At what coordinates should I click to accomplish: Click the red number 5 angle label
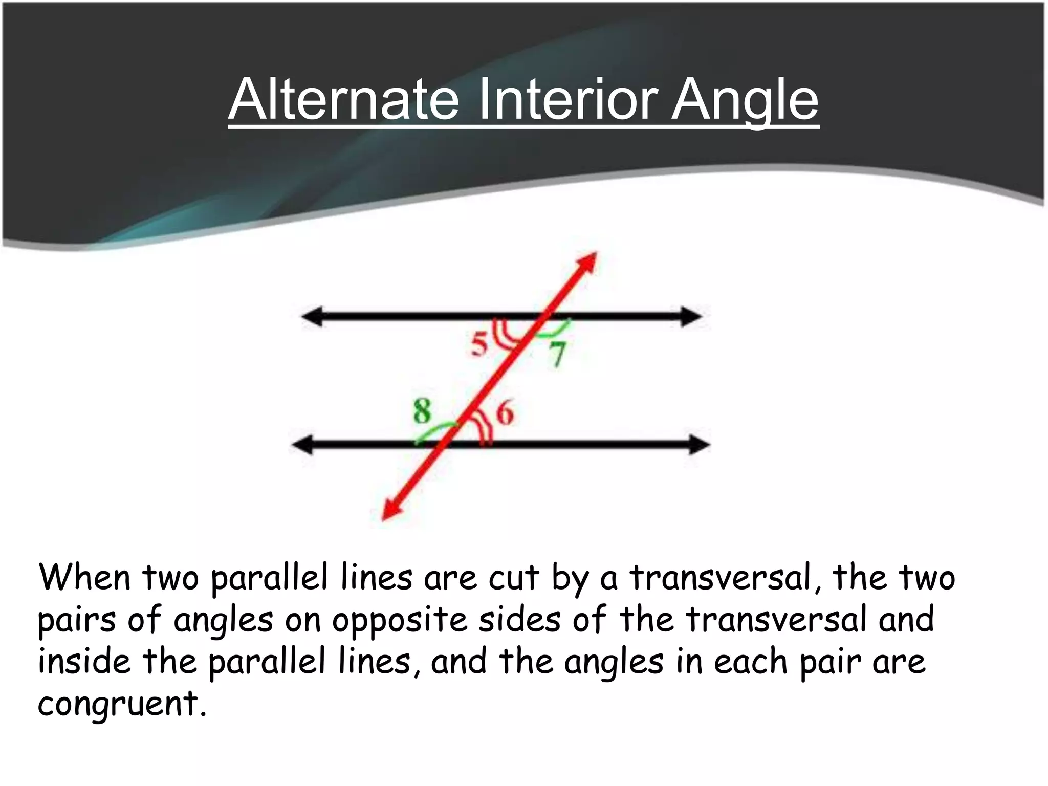click(479, 344)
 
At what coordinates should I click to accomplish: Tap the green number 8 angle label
click(422, 411)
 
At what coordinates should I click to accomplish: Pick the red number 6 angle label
click(505, 413)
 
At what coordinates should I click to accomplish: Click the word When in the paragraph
click(85, 578)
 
